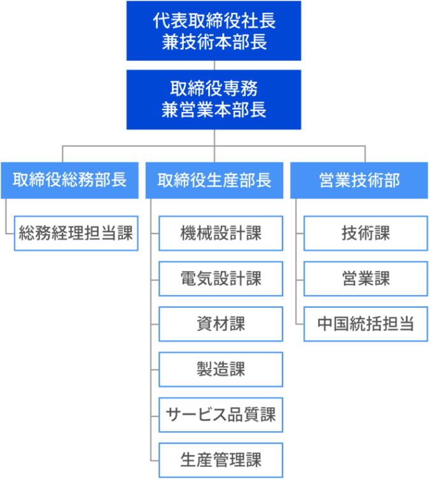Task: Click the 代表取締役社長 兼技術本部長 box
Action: coord(214,31)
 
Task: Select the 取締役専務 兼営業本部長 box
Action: coord(214,99)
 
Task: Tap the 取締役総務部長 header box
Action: coord(69,180)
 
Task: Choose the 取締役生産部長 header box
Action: coord(215,180)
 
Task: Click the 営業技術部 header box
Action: coord(359,180)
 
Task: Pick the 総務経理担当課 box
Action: coord(76,233)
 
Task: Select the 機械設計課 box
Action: coord(221,233)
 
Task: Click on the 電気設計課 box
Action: coord(221,278)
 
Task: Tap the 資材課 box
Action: coord(221,324)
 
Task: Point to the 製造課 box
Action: coord(221,369)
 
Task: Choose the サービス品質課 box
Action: coord(221,415)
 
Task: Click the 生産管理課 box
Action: coord(221,460)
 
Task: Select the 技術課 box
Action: coord(365,233)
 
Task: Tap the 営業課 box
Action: coord(365,278)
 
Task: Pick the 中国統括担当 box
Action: coord(365,324)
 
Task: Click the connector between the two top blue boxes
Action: coord(215,65)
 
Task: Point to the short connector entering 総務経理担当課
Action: coord(9,233)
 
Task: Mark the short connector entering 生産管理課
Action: coord(154,460)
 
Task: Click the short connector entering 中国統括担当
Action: coord(299,324)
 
